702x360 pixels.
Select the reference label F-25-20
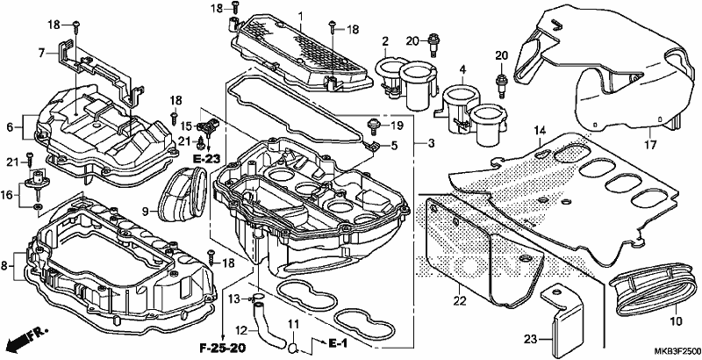(x=223, y=348)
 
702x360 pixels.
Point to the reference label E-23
(x=207, y=158)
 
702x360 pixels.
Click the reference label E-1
(x=338, y=343)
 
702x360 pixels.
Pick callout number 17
(x=650, y=145)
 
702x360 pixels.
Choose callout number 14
(x=541, y=131)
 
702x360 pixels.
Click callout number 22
(x=459, y=301)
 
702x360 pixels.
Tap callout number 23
(x=531, y=340)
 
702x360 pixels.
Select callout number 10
(x=675, y=321)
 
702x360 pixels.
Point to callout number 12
(x=241, y=330)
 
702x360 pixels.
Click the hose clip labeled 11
(x=292, y=347)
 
